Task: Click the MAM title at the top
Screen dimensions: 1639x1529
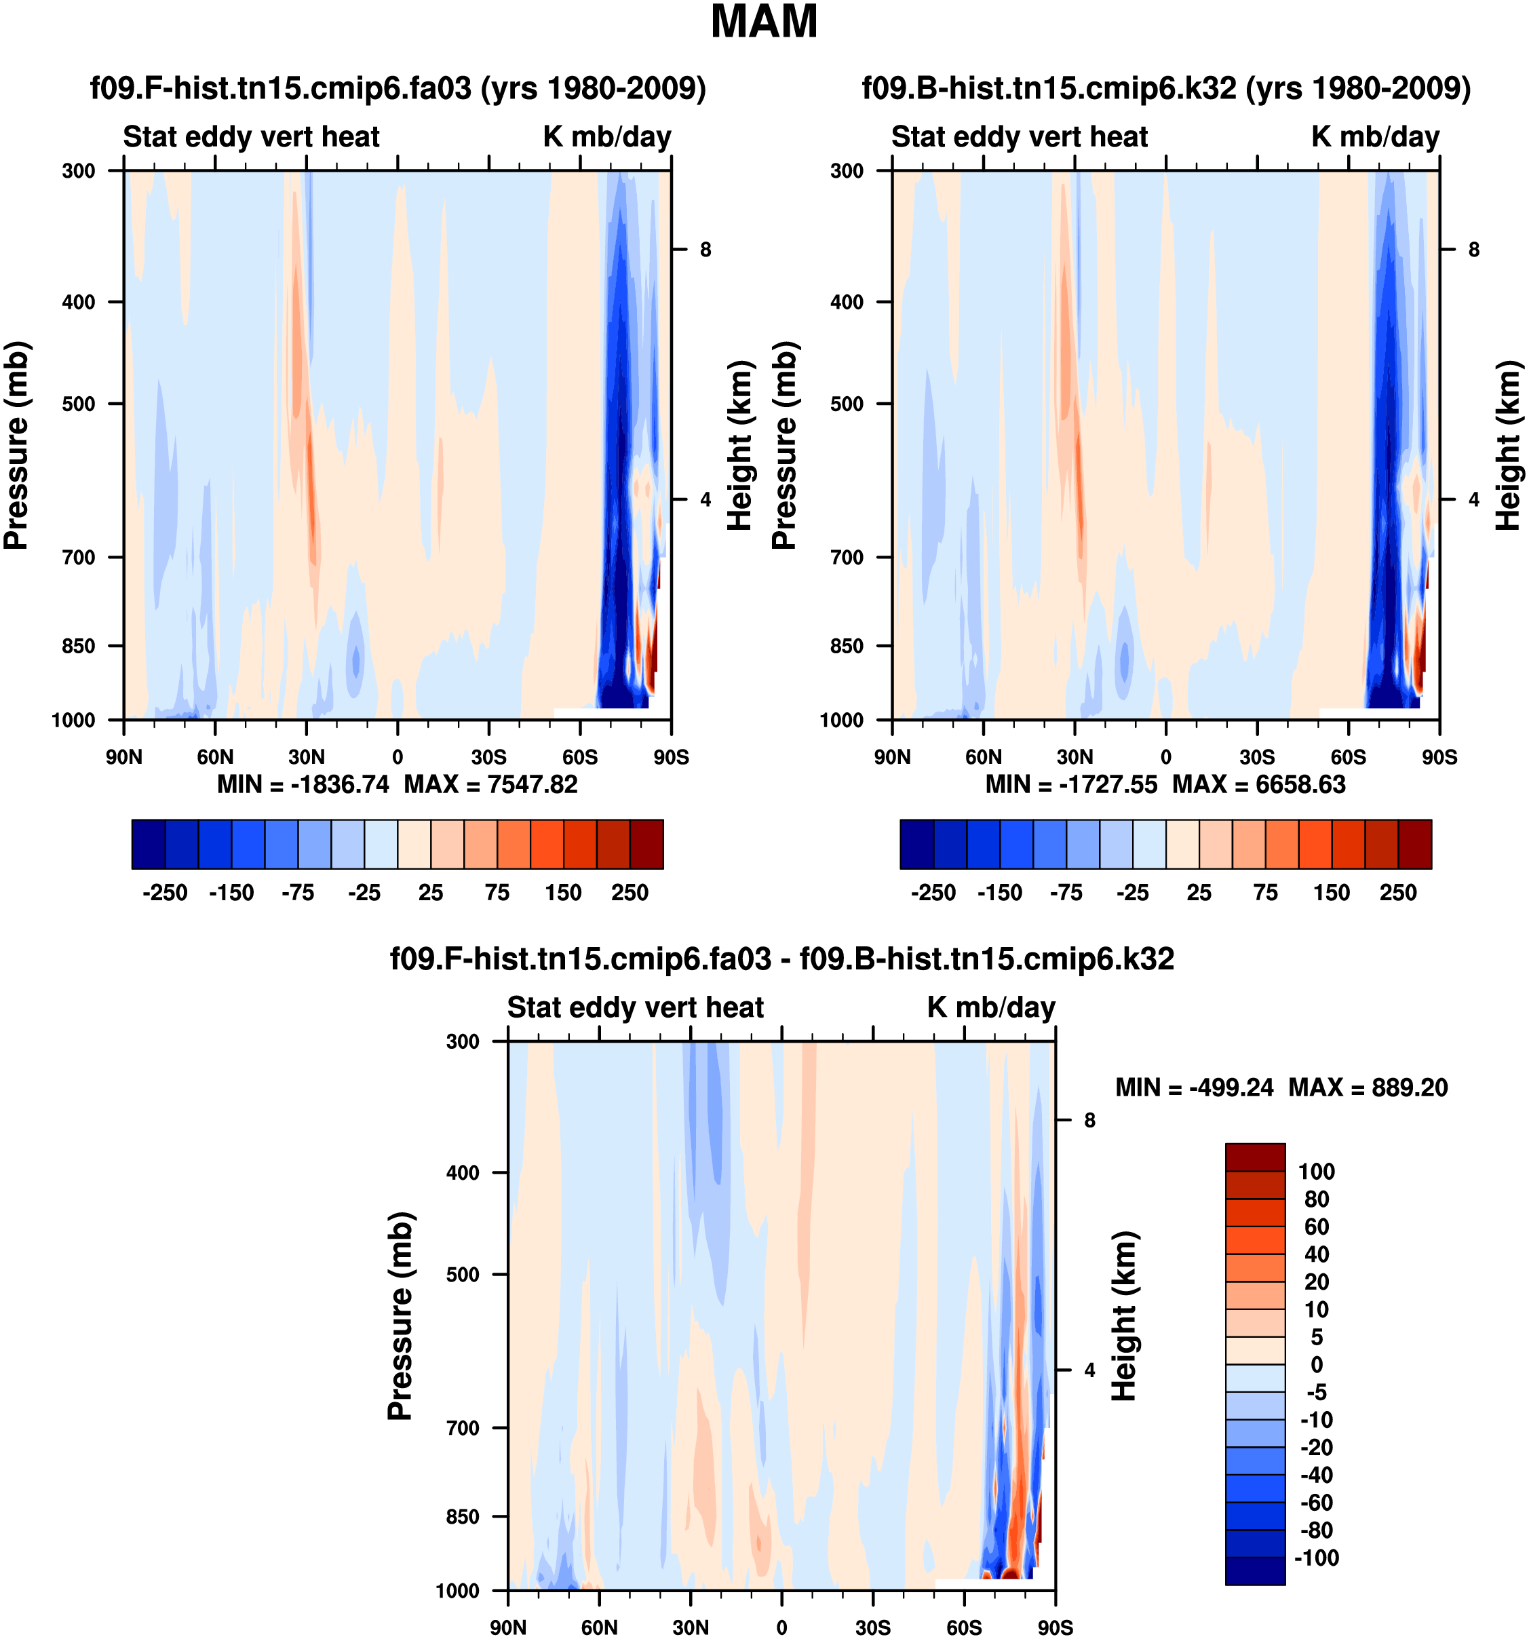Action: coord(764,22)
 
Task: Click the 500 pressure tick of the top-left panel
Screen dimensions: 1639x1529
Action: coord(79,404)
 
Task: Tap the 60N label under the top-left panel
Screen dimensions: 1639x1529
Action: coord(215,757)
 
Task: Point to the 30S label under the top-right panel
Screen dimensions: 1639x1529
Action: coord(1257,757)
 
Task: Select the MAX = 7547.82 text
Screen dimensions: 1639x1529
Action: coord(490,784)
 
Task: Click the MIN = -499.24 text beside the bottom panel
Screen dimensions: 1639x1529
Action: coord(1195,1087)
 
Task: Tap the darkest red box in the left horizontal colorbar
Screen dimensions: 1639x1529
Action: coord(646,844)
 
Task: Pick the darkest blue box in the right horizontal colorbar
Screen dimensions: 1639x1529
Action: coord(916,844)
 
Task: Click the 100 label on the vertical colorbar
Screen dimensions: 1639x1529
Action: coord(1317,1172)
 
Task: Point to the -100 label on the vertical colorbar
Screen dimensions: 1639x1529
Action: coord(1317,1558)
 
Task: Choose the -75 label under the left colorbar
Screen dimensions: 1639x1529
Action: coord(298,893)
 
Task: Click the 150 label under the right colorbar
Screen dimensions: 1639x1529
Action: coord(1331,893)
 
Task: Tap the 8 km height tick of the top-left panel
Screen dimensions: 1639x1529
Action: coord(705,250)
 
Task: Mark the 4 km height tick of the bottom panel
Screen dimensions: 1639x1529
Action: coord(1089,1370)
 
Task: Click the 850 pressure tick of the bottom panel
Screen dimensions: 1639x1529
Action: coord(463,1517)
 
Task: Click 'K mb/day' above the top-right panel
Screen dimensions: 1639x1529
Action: coord(1375,137)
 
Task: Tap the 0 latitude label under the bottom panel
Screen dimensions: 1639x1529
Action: coord(781,1627)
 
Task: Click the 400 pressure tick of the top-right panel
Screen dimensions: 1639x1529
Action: coord(847,303)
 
